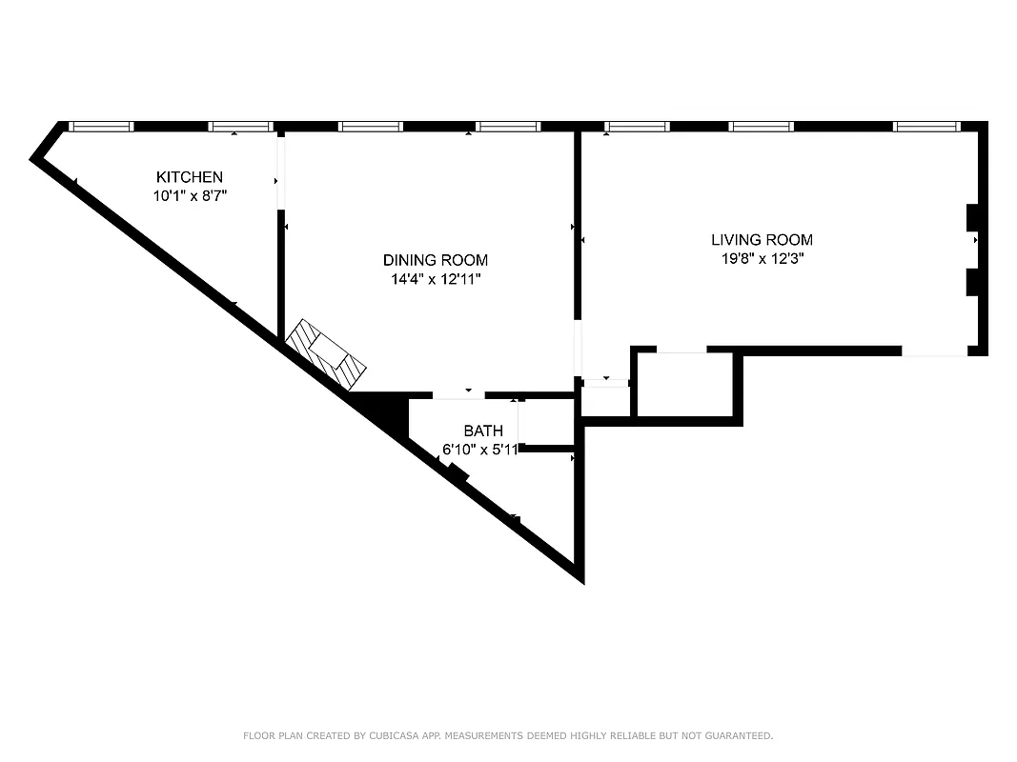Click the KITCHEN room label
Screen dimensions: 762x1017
tap(190, 177)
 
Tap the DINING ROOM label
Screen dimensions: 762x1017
tap(436, 260)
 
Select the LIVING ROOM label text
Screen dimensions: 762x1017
tap(762, 240)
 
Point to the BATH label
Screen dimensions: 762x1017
tap(483, 431)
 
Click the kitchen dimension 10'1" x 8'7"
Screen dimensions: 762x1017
tap(190, 196)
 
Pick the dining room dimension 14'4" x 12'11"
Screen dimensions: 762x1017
tap(436, 280)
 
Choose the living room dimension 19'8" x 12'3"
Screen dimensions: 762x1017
tap(762, 258)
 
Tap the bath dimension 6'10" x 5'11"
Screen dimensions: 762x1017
tap(480, 450)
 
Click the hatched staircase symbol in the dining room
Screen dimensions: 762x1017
tap(327, 353)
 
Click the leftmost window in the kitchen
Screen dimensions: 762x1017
tap(101, 126)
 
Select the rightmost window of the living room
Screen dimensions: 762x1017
tap(925, 126)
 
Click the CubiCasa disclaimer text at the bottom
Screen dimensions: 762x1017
tap(508, 735)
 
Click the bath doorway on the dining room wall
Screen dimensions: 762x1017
tap(458, 395)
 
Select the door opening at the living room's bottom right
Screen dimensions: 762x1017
tap(934, 351)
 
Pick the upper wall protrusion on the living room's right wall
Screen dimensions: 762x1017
tap(973, 217)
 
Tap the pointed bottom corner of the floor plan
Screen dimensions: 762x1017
tap(580, 576)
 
